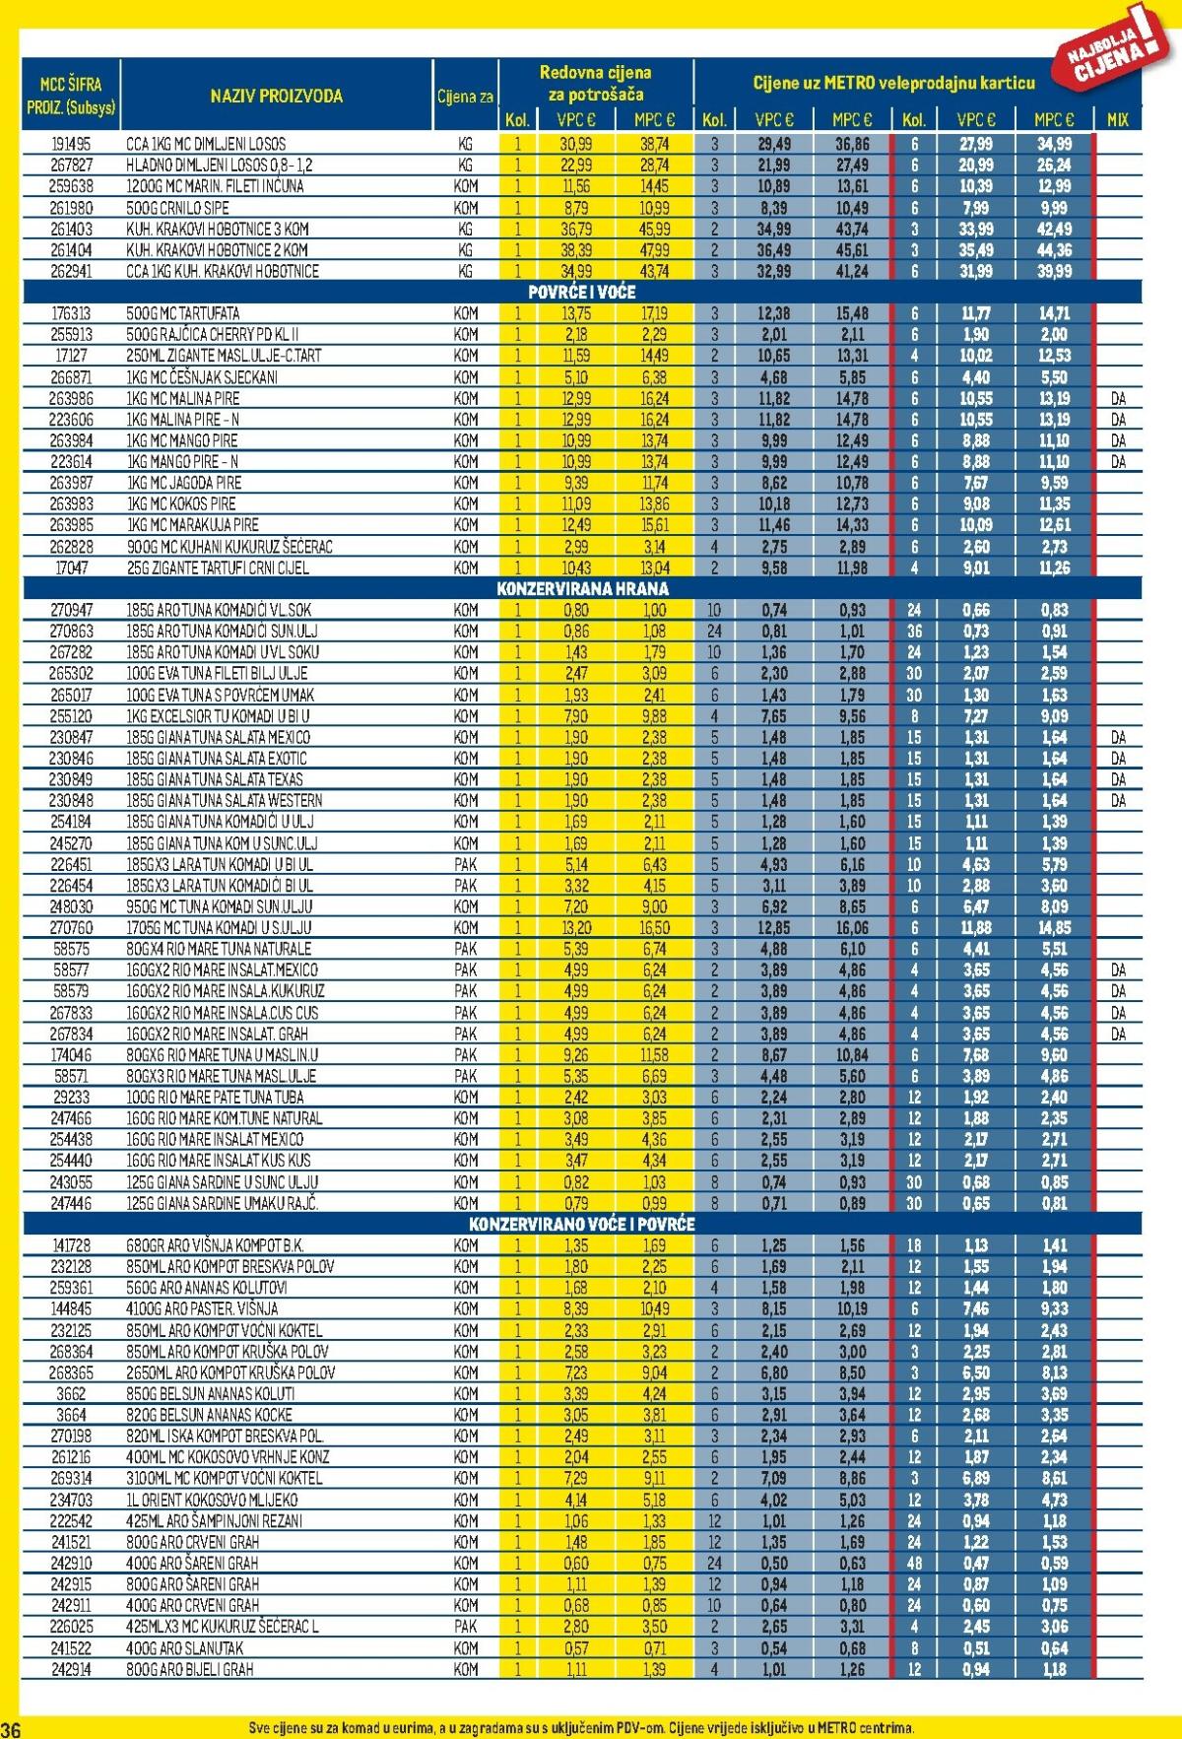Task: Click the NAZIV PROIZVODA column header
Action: pos(276,97)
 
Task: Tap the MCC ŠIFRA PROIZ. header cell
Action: pos(70,96)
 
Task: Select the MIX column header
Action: pos(1117,120)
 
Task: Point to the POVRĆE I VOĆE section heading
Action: pos(581,293)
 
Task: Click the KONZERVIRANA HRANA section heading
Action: pos(582,589)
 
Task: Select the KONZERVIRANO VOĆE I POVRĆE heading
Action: pos(581,1225)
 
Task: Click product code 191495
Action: pos(71,144)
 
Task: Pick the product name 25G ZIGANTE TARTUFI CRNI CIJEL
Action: pos(217,569)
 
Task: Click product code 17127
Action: pos(71,356)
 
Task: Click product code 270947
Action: pos(71,611)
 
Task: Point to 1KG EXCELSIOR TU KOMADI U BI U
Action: pos(217,716)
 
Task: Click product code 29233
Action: pos(71,1098)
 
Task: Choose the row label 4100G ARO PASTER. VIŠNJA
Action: pos(202,1309)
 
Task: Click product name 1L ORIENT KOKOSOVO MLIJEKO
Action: pos(212,1500)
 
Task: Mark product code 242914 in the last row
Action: pos(71,1669)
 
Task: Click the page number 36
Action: pos(11,1729)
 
